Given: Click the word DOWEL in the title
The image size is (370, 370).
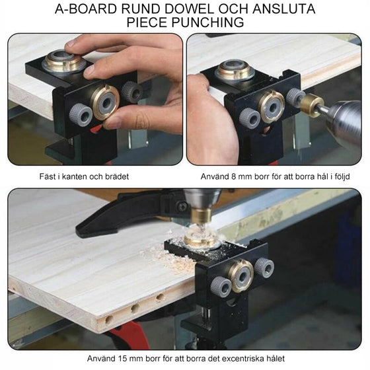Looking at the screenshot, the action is [x=190, y=9].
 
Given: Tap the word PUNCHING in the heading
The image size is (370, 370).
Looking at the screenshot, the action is [x=207, y=22].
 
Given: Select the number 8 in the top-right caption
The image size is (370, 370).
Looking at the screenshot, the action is [x=233, y=176].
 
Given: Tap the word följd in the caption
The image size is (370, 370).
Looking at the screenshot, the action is [x=342, y=177].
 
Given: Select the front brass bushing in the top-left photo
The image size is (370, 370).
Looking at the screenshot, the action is [x=104, y=102].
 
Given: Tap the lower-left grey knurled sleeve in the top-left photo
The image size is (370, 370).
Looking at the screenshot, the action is [x=80, y=115].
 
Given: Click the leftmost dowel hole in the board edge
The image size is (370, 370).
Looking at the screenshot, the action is [x=109, y=320].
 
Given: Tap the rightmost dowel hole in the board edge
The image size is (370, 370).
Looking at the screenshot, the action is [x=160, y=297].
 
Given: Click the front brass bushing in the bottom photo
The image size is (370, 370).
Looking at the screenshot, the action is [x=240, y=276].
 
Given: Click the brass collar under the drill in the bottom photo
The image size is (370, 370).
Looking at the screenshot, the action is [x=201, y=215].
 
